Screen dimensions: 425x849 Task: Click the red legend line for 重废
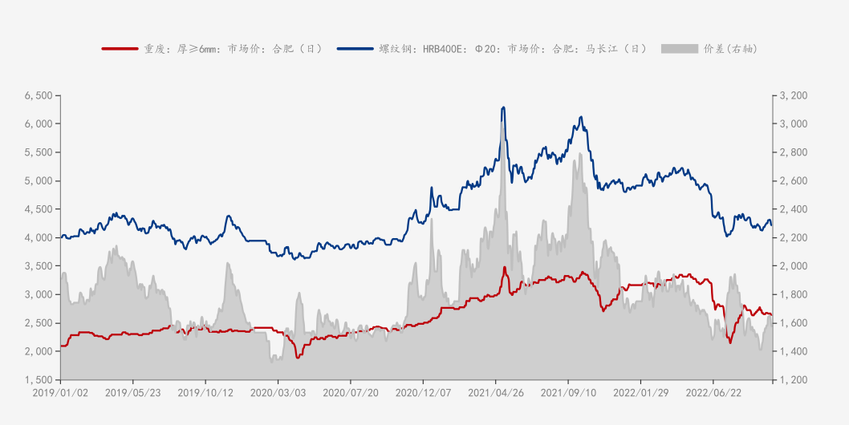click(120, 49)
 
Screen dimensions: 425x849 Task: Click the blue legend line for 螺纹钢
click(355, 49)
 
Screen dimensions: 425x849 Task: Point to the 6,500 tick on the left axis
click(39, 95)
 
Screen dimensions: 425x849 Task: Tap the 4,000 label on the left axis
click(39, 237)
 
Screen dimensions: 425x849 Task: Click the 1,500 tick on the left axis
click(39, 379)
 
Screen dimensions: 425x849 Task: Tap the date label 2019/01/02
click(60, 393)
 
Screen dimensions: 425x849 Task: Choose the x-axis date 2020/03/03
click(278, 393)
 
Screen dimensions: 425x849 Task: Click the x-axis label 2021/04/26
click(495, 393)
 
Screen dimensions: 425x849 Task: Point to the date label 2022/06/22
click(713, 393)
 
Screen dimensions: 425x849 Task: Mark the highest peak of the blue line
click(503, 107)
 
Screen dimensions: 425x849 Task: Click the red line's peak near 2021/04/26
click(504, 267)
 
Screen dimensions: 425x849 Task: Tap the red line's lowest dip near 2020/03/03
click(298, 358)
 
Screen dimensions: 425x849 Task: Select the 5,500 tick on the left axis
click(39, 152)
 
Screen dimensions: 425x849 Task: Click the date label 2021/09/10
click(567, 393)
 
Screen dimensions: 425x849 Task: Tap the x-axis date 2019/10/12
click(205, 393)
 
